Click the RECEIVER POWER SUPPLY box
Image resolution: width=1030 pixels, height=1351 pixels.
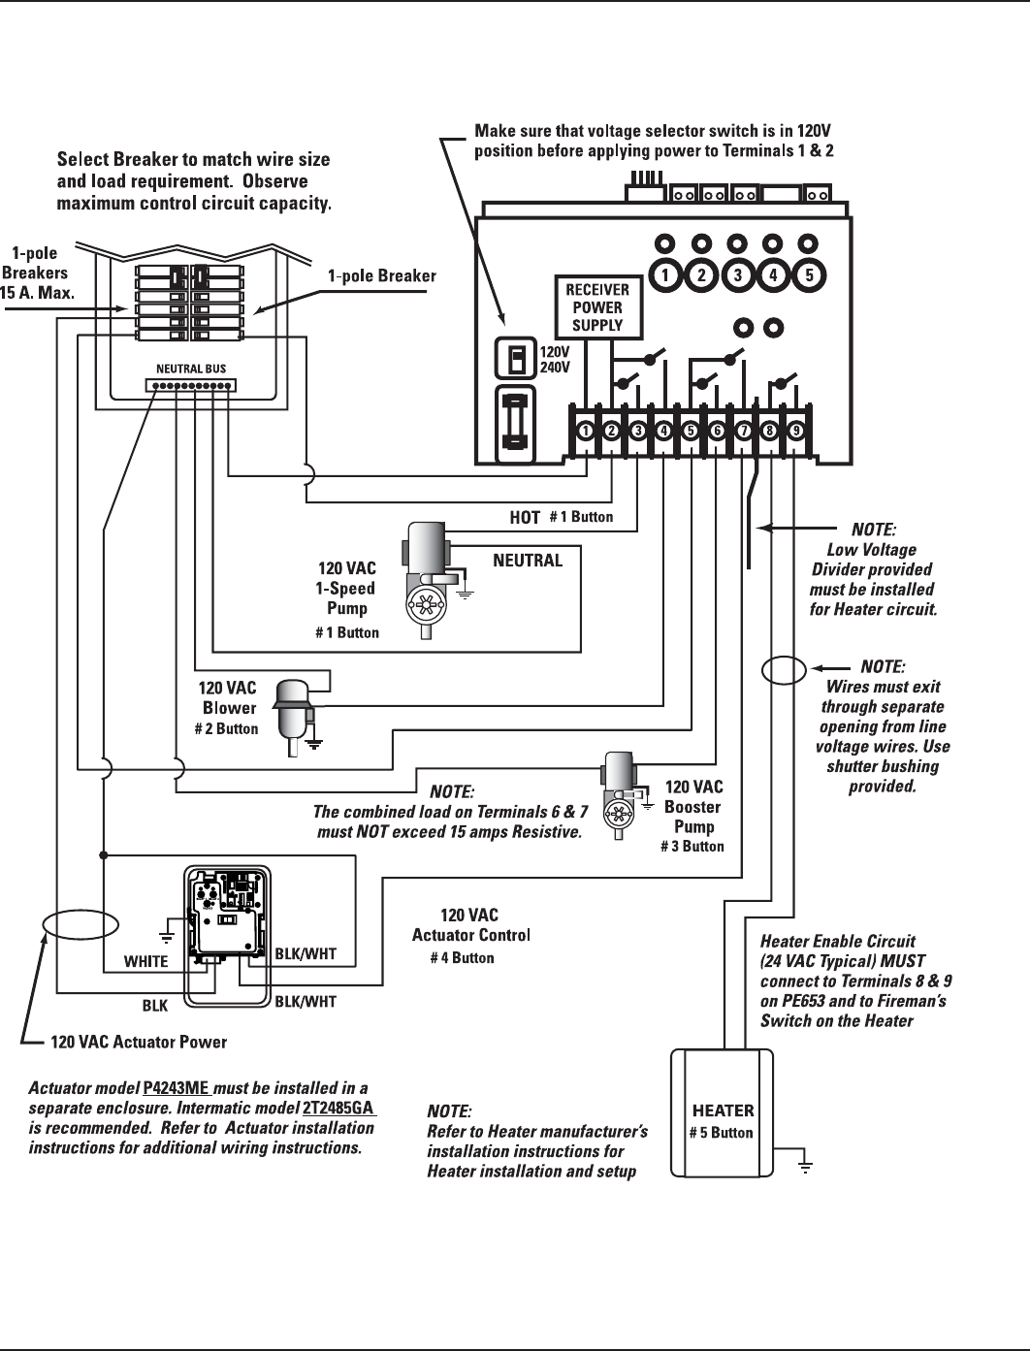[598, 307]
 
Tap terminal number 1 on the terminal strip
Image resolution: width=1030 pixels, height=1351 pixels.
[586, 431]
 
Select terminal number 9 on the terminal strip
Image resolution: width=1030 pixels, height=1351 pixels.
[795, 431]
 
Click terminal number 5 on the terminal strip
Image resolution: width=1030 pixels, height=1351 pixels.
[691, 431]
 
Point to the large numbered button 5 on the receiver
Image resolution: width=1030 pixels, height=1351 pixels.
[809, 275]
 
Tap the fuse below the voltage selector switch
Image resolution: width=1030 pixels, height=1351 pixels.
[515, 425]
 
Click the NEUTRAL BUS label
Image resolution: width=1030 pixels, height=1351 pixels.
[191, 369]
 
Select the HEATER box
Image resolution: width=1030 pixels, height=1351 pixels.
[722, 1113]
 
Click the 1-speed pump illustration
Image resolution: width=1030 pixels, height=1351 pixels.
[427, 580]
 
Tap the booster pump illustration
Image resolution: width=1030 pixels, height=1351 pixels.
[620, 795]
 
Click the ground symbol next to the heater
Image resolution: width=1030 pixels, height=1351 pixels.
[805, 1166]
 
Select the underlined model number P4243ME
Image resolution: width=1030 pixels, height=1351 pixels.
[177, 1088]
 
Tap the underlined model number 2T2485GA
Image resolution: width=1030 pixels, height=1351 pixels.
[338, 1108]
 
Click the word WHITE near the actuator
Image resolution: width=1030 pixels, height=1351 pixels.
[145, 961]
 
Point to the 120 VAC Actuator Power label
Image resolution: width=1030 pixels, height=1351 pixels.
[139, 1042]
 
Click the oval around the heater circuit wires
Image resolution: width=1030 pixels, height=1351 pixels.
[784, 669]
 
